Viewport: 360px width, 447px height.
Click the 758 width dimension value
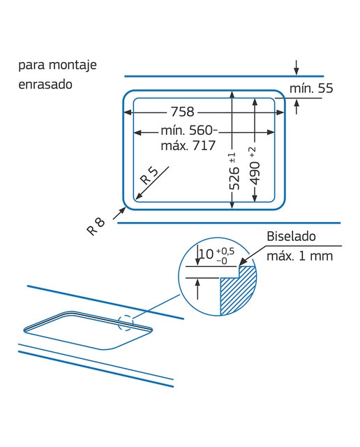click(182, 112)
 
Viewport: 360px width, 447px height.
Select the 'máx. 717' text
click(188, 146)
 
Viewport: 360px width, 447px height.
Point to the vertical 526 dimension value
click(234, 179)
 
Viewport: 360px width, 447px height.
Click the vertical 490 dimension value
click(255, 173)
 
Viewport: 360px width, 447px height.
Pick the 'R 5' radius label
click(149, 176)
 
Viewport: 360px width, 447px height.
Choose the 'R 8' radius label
click(96, 226)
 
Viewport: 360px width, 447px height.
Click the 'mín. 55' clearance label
click(311, 88)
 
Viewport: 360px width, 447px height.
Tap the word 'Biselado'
click(291, 236)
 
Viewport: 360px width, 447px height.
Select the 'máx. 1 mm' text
click(299, 256)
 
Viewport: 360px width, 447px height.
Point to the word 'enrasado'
click(45, 85)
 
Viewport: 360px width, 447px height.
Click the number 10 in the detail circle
click(207, 254)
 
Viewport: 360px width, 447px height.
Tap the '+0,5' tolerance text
click(225, 251)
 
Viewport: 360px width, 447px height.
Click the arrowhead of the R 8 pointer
click(123, 210)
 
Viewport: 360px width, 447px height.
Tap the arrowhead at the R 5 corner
click(138, 196)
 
